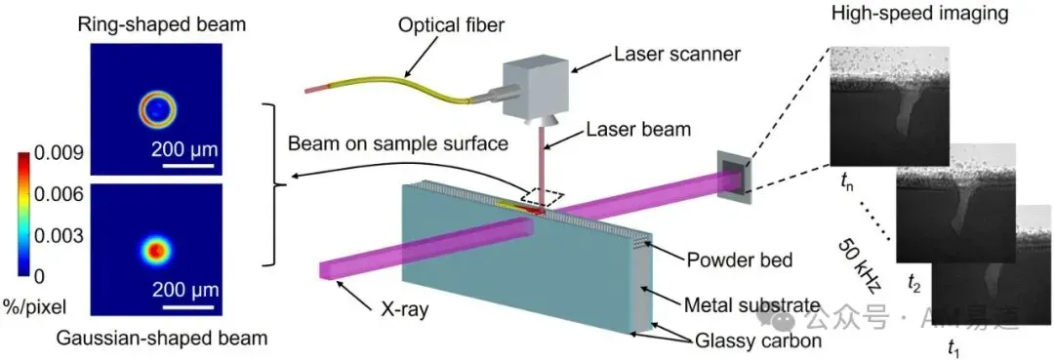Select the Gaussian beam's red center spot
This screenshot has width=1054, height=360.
156,251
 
